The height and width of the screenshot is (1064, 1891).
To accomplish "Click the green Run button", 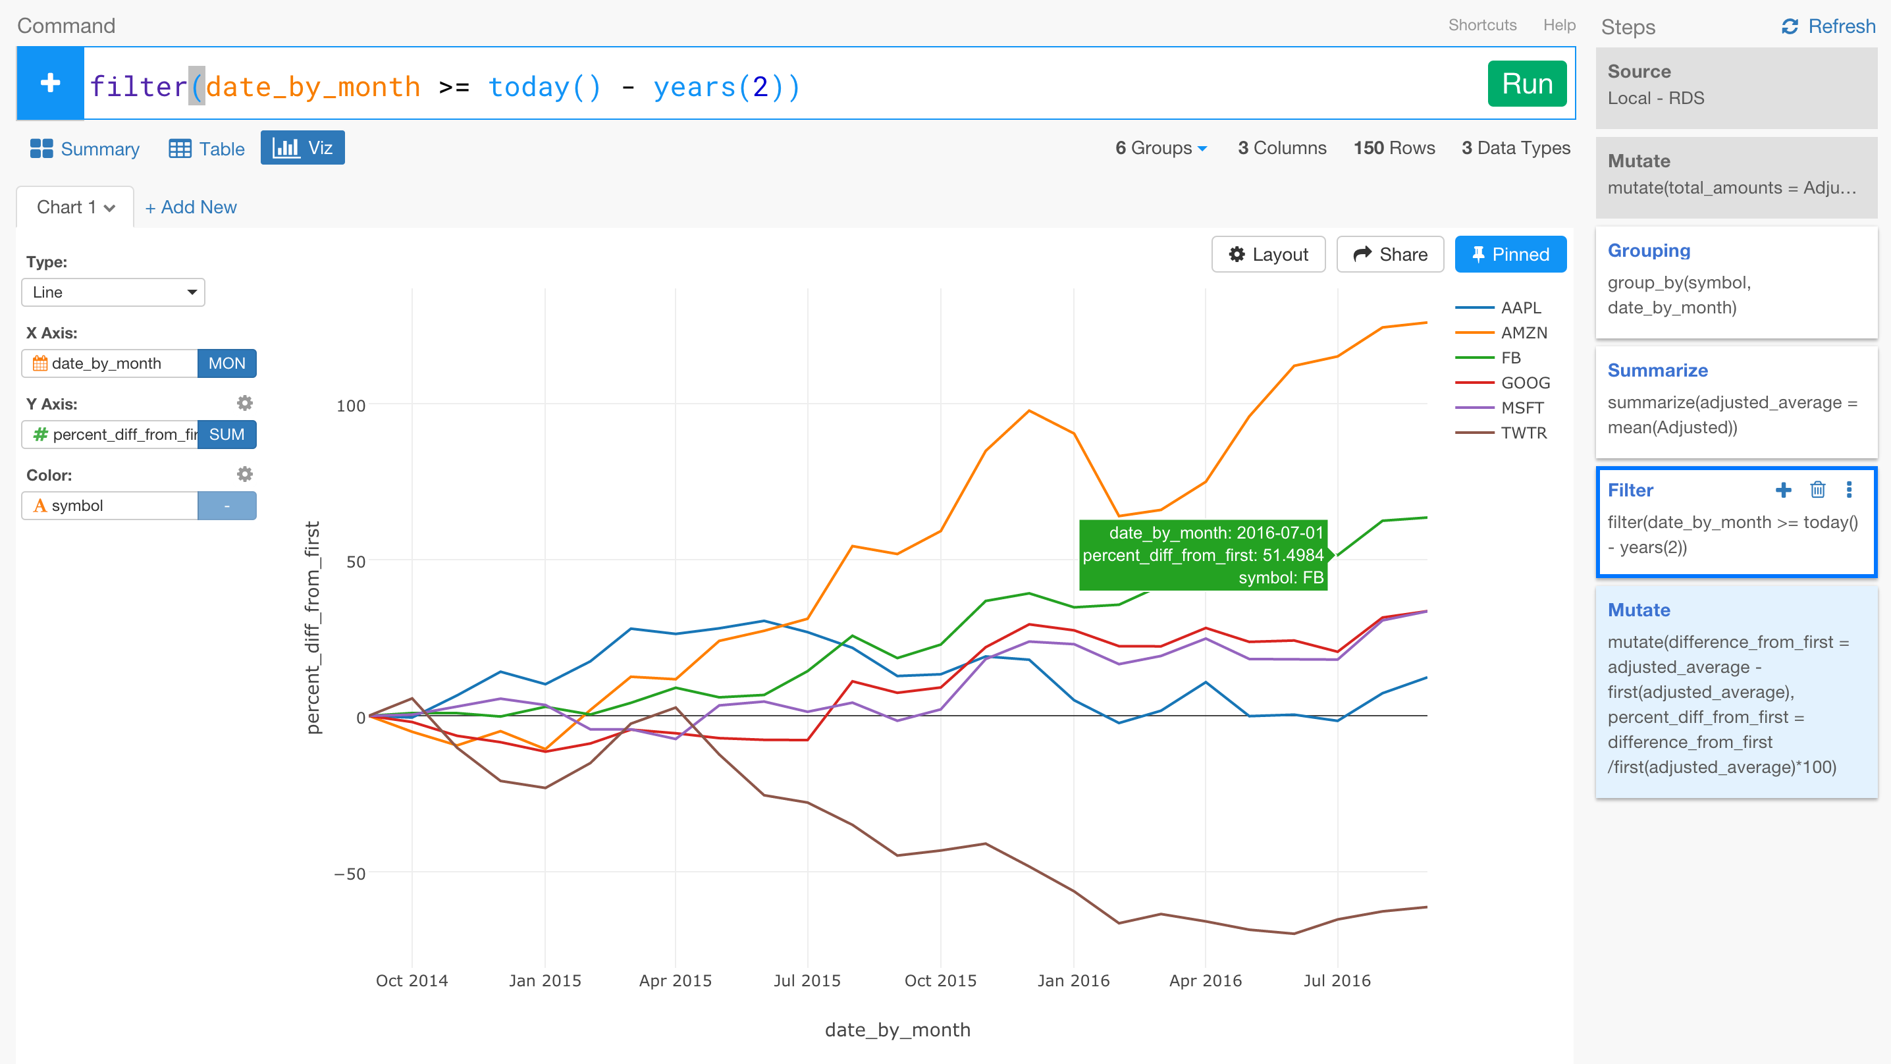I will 1526,84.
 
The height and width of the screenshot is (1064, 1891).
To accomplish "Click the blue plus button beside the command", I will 50,83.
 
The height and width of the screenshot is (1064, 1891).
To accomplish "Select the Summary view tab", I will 84,148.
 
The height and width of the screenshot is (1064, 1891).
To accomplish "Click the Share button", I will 1390,254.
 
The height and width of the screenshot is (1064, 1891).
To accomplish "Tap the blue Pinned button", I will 1510,254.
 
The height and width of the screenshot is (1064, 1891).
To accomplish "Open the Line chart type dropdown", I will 113,292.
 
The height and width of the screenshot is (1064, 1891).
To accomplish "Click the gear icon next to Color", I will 244,474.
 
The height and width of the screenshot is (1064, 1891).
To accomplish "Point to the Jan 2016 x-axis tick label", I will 1073,980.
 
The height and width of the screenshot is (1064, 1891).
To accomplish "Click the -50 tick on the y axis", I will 350,874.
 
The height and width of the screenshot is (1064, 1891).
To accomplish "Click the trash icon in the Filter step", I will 1818,490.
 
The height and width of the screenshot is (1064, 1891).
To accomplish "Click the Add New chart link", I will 191,207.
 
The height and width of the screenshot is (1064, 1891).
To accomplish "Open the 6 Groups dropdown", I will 1161,148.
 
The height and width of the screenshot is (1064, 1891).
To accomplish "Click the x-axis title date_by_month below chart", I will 897,1030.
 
